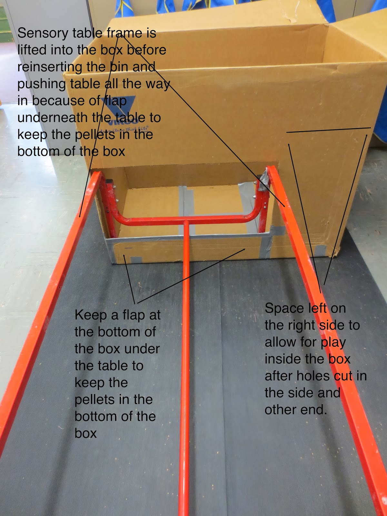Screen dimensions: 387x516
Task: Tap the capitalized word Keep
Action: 91,315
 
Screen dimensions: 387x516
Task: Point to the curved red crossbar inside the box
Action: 186,220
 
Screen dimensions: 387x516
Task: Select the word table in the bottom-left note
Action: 109,366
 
